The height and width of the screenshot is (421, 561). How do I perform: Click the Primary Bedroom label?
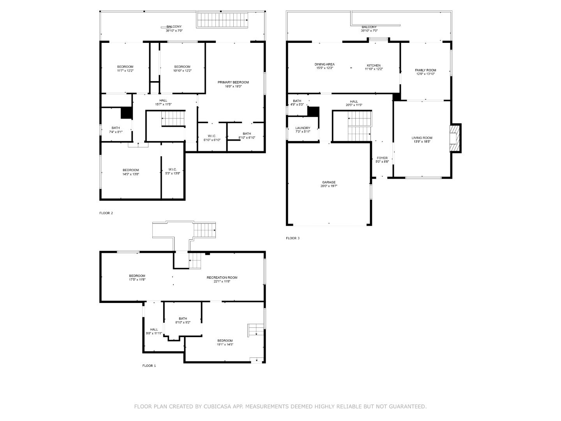click(x=233, y=82)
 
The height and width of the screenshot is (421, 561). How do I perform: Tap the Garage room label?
click(x=329, y=182)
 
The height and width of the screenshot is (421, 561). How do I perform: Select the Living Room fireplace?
click(x=455, y=138)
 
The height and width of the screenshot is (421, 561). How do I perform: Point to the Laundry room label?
click(x=303, y=128)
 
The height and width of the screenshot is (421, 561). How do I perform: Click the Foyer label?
click(x=382, y=158)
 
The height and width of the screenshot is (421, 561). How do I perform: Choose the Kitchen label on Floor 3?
click(x=374, y=65)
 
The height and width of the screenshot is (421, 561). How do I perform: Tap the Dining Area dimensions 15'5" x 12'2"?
click(x=325, y=68)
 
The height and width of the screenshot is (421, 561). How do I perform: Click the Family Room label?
click(x=425, y=70)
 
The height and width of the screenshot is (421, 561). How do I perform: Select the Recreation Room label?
click(x=222, y=278)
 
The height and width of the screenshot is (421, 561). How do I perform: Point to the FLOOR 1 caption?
click(x=149, y=366)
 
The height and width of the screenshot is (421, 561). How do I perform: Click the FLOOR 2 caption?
click(x=106, y=213)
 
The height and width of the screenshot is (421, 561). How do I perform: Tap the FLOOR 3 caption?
click(x=293, y=238)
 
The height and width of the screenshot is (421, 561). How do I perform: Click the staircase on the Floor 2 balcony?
click(x=222, y=20)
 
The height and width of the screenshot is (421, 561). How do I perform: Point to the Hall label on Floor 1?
click(x=154, y=329)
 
